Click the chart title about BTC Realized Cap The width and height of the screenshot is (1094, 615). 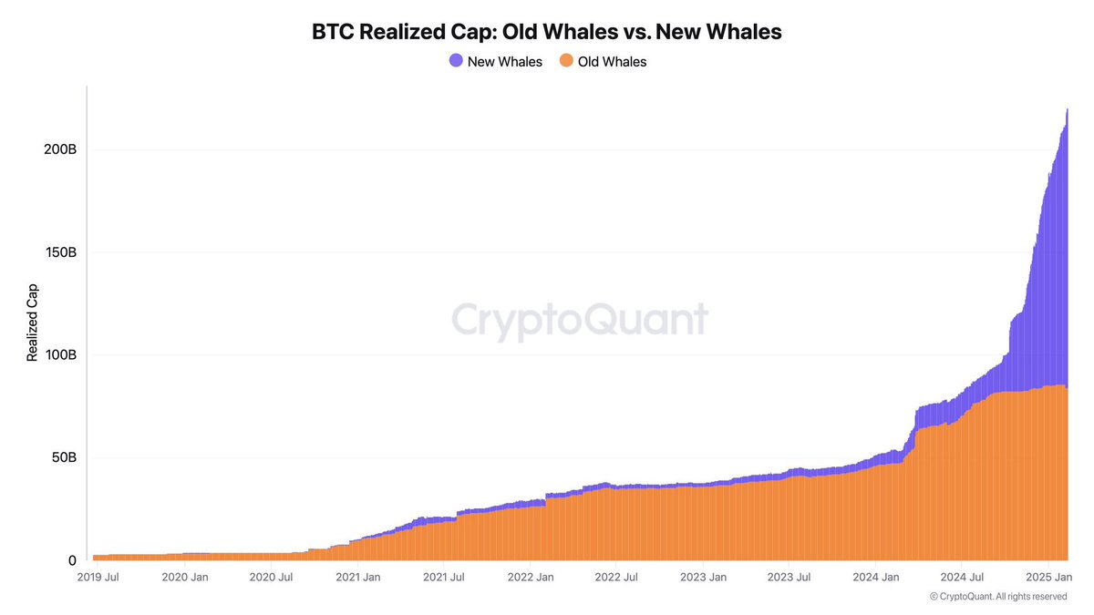coord(547,32)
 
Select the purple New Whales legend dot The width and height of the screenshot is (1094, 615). coord(456,61)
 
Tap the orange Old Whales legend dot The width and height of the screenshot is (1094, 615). coord(566,61)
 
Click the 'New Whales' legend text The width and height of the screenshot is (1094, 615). coord(504,62)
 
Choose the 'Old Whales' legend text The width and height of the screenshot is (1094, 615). coord(612,62)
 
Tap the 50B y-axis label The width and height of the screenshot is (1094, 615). coord(62,457)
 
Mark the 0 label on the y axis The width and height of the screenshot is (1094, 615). coord(72,560)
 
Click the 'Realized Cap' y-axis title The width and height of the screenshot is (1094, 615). coord(33,320)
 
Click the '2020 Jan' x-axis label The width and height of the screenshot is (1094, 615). coord(186,577)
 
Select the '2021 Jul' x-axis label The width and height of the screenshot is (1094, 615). coord(445,577)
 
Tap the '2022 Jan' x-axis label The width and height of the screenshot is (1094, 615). coord(531,577)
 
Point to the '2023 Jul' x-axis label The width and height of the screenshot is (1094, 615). coord(790,577)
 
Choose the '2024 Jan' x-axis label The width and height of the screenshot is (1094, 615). coord(876,577)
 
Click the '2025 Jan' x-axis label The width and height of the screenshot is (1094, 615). coord(1048,577)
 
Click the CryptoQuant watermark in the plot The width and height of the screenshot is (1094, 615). coord(580,320)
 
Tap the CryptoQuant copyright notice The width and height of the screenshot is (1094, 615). coord(997,597)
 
